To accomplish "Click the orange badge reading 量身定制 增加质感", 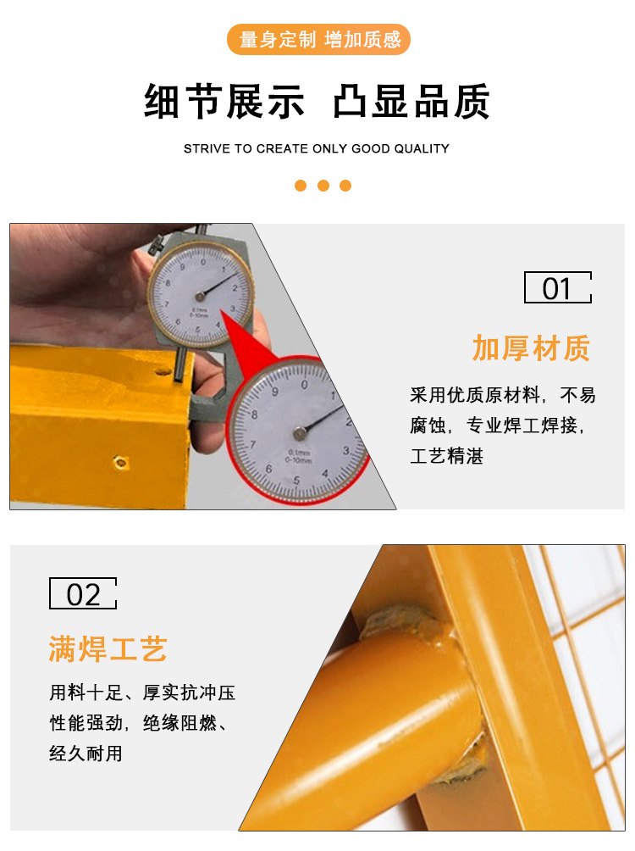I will point(318,40).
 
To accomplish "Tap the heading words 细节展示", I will point(224,103).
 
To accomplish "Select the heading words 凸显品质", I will point(411,103).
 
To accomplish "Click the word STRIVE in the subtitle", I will point(207,148).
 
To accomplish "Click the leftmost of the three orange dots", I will point(301,186).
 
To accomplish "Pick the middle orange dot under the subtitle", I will point(323,186).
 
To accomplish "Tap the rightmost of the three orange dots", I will point(345,186).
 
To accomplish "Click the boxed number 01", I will point(557,288).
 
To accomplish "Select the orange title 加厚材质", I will point(531,348).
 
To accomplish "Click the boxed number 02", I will point(83,594).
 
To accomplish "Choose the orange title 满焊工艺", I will point(108,650).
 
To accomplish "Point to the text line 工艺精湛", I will point(446,457).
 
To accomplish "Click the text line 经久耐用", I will point(86,753).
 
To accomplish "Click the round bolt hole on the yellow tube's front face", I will point(122,463).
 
